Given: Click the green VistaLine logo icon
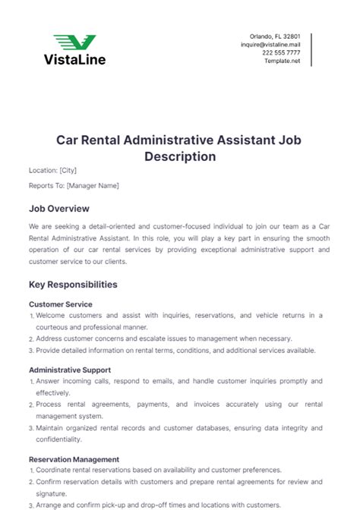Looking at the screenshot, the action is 74,42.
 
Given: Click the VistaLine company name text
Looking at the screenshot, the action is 74,58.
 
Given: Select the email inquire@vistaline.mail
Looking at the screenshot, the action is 270,45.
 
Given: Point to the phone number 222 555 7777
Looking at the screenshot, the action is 281,53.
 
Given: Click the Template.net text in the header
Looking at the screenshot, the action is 283,61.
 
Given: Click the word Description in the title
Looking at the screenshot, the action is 180,156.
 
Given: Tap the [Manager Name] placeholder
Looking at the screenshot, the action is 93,186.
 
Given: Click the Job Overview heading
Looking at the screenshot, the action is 59,208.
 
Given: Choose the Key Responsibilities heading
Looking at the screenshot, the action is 73,285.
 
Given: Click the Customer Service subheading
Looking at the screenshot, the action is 60,304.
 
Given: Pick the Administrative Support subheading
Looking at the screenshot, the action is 71,370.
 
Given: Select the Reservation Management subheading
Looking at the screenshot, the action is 74,459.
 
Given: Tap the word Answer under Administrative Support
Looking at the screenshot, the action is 49,381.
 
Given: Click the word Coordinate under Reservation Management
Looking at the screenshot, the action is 57,470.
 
